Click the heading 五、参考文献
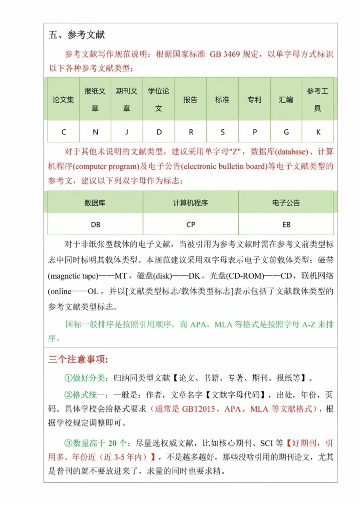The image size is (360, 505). pyautogui.click(x=77, y=35)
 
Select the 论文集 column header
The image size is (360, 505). pyautogui.click(x=63, y=100)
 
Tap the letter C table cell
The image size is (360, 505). pyautogui.click(x=64, y=132)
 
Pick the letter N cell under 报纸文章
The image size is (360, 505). pyautogui.click(x=95, y=132)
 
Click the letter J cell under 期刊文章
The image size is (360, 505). pyautogui.click(x=127, y=132)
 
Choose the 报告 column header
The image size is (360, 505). pyautogui.click(x=190, y=100)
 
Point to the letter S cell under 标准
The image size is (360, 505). pyautogui.click(x=222, y=132)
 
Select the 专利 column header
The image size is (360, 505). pyautogui.click(x=254, y=100)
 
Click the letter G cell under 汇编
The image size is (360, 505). pyautogui.click(x=286, y=132)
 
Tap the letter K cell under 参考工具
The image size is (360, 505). pyautogui.click(x=318, y=132)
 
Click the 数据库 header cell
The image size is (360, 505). pyautogui.click(x=95, y=203)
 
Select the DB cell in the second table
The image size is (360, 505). pyautogui.click(x=95, y=225)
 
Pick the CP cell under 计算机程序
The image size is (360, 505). pyautogui.click(x=191, y=225)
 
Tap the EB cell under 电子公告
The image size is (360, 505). pyautogui.click(x=286, y=225)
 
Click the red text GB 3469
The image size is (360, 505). pyautogui.click(x=224, y=54)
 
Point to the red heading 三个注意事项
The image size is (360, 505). pyautogui.click(x=78, y=360)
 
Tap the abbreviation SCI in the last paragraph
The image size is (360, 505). pyautogui.click(x=267, y=444)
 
